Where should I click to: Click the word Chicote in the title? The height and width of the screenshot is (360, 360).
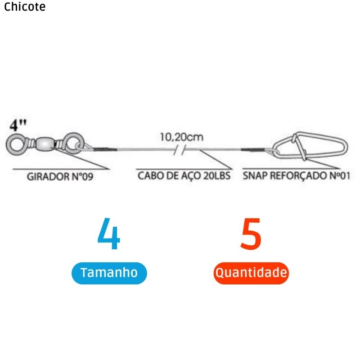pos(25,7)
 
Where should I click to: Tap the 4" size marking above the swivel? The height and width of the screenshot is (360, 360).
pos(18,125)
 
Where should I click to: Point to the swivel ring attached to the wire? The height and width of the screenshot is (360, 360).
pos(71,144)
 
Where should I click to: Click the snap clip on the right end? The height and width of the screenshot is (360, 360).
pos(310,145)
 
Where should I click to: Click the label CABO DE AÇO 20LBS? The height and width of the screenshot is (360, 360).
pos(184,175)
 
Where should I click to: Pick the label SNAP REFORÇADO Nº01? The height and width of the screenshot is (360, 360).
pos(296,175)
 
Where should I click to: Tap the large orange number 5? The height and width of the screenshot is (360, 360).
pos(251,234)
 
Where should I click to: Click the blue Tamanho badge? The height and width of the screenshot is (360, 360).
pos(109,273)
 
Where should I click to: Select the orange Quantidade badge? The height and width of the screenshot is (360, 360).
pos(251,273)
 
